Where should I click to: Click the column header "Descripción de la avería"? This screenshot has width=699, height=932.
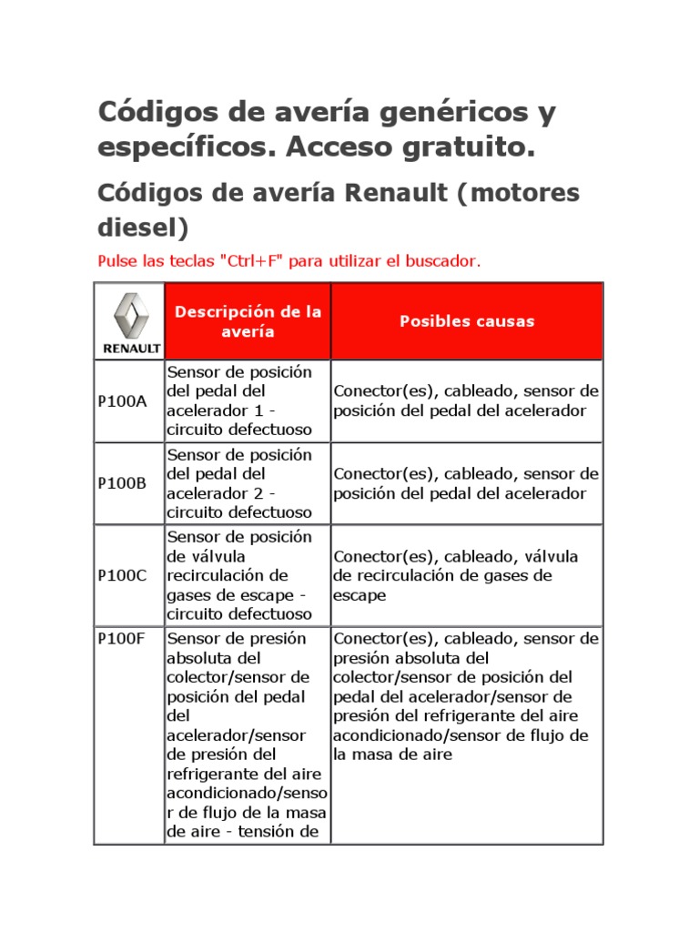(248, 321)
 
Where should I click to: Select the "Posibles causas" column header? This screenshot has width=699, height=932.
(467, 321)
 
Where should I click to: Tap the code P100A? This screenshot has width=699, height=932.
(122, 400)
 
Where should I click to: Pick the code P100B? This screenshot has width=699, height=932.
(122, 483)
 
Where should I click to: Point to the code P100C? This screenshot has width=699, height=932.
(122, 575)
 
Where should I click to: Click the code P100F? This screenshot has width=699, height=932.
(122, 638)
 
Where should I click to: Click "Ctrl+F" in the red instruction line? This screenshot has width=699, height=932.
(249, 261)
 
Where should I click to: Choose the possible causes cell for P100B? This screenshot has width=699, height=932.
(466, 483)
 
